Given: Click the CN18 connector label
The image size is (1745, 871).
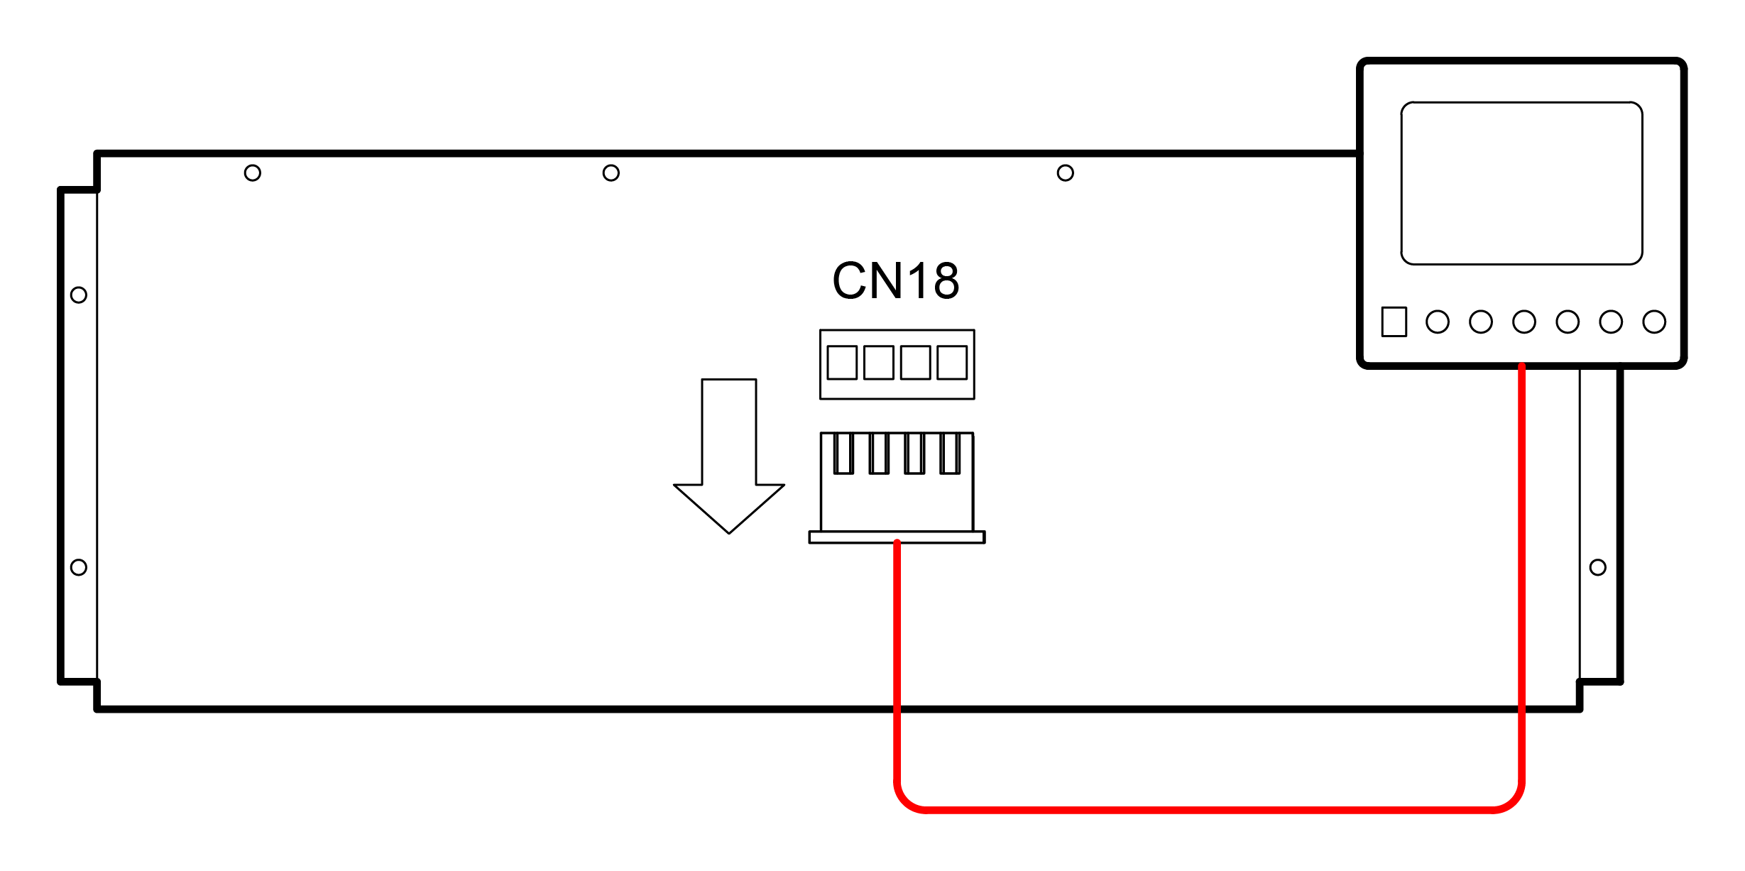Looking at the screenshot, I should coord(895,281).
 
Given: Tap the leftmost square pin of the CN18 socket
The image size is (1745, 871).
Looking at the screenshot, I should coord(842,363).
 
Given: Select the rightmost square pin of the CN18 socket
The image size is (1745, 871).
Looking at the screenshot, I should coord(952,363).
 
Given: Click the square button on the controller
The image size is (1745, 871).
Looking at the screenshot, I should coord(1394,322).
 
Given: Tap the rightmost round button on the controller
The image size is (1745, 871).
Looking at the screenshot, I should coord(1654,322).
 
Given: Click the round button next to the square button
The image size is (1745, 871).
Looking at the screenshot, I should coord(1438,322).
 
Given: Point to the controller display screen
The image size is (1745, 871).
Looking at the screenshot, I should coord(1521,183).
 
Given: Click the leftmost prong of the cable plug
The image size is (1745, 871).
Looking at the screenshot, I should coord(843,453).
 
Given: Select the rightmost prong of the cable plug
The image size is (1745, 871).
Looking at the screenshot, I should coord(950,453).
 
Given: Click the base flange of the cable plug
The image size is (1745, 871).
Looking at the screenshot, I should coord(897,537).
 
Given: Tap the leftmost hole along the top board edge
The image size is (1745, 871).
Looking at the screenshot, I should coord(253,173).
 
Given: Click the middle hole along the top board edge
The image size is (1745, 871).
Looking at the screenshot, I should coord(611,173).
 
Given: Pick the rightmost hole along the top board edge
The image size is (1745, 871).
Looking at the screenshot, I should coord(1065,173).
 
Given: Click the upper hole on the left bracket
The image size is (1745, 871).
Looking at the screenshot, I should coord(79,295).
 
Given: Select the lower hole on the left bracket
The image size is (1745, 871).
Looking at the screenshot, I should coord(79,567).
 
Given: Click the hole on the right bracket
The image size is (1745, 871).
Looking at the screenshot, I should coord(1598,567).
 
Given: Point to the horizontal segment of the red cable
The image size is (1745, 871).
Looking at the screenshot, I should coord(1207,809).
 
